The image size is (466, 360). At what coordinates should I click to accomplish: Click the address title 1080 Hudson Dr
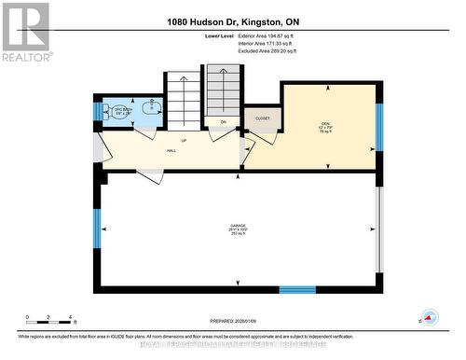232,21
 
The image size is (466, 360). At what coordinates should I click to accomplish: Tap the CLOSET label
262,118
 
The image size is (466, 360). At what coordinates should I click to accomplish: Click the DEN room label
326,123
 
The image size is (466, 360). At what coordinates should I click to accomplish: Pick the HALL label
171,150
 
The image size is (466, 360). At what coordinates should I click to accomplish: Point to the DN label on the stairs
224,122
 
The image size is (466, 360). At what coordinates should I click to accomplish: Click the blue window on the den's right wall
378,126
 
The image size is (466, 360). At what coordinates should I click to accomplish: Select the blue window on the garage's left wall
96,229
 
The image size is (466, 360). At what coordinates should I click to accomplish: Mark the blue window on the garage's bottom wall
297,289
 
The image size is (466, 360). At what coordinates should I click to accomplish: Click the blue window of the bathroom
96,112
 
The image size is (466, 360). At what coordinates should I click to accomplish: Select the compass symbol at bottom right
429,317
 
